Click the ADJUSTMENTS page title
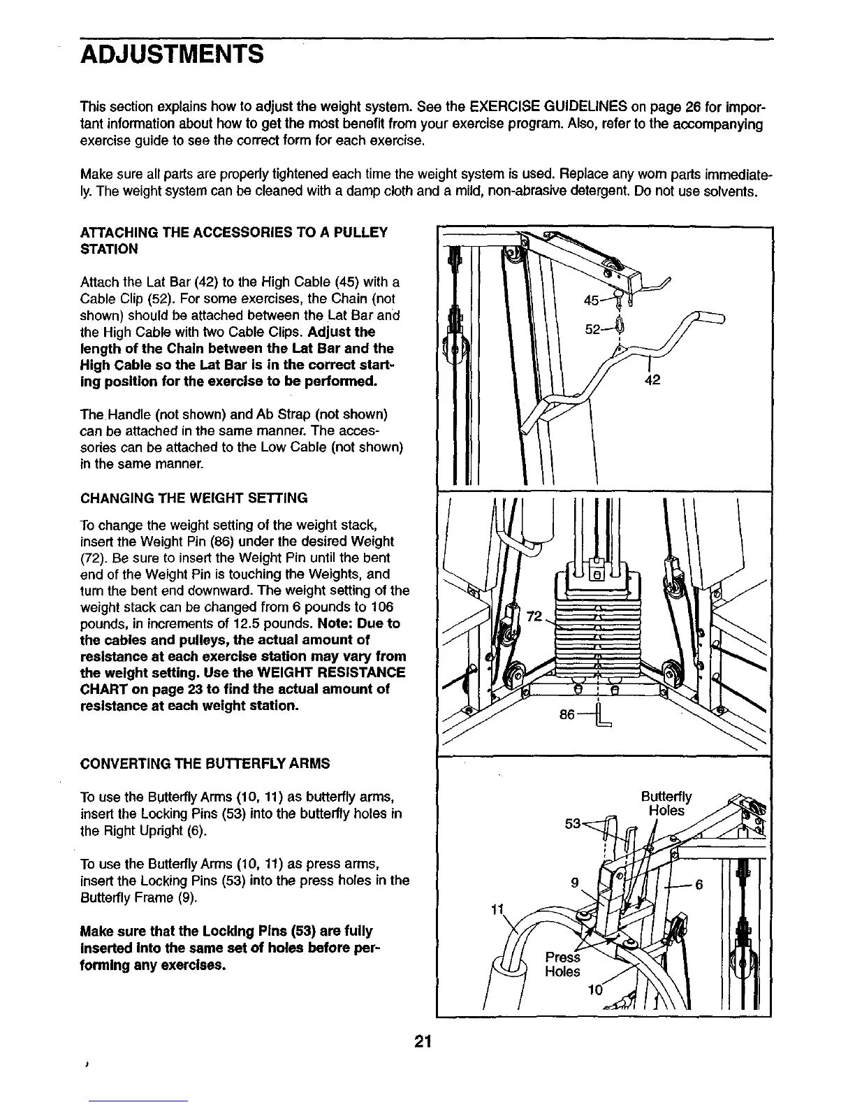(x=172, y=54)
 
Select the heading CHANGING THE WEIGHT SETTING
(x=194, y=498)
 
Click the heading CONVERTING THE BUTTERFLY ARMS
(x=205, y=763)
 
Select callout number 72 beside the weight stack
(x=534, y=616)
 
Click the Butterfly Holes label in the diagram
(x=666, y=803)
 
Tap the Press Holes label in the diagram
(x=562, y=964)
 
